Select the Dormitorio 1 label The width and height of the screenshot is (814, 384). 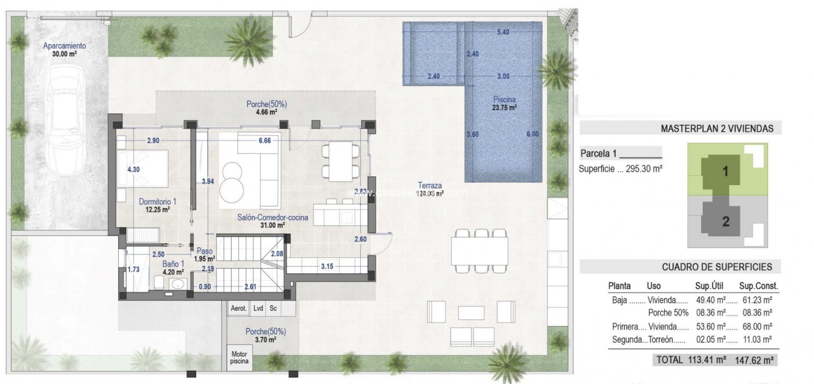coord(158,205)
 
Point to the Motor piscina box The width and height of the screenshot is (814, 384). coord(239,358)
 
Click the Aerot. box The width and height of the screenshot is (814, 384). coord(239,308)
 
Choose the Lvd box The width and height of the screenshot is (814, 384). coord(258,308)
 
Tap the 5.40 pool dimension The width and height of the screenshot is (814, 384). coord(503,32)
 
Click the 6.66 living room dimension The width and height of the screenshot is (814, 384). coord(264,141)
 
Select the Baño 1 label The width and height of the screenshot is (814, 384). coord(173,268)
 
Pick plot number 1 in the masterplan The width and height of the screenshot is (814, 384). coord(725,172)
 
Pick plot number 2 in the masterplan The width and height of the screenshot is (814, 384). coord(725,222)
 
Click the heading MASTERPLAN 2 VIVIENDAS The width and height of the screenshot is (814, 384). coord(717,129)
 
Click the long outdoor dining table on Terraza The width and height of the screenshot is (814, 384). coord(480,251)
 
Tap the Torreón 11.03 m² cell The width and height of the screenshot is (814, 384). coord(755,340)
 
